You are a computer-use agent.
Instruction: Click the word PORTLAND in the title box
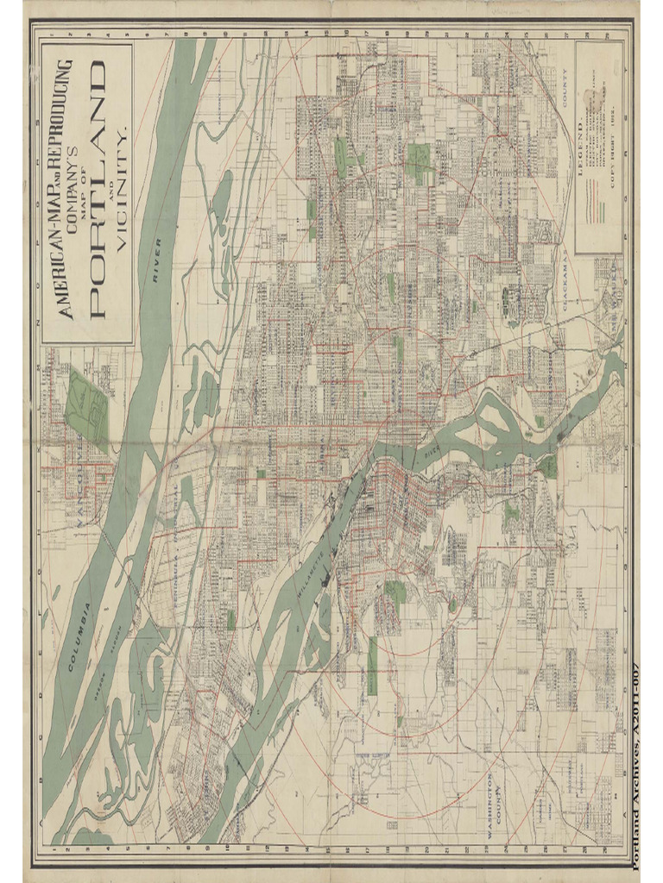[x=94, y=189]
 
